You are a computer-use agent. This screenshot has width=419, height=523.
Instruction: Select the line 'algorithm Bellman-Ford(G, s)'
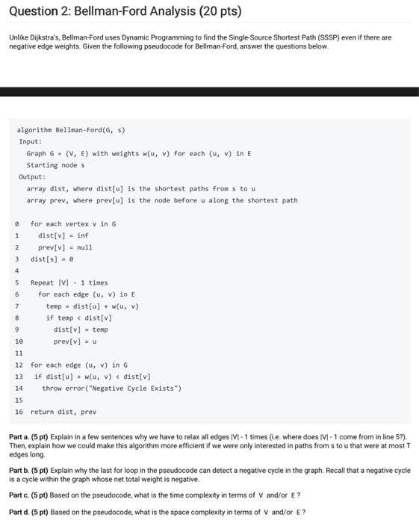click(x=70, y=129)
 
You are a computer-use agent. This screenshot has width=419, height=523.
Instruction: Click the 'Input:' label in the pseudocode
click(x=31, y=141)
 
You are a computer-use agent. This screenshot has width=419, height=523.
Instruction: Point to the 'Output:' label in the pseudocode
click(x=32, y=177)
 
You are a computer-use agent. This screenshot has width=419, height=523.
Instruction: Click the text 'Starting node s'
click(x=55, y=165)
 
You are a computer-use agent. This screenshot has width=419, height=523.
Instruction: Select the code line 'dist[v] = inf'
click(x=63, y=235)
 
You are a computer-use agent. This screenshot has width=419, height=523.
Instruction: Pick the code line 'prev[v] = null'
click(x=65, y=247)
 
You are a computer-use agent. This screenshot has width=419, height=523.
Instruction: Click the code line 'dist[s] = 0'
click(x=52, y=259)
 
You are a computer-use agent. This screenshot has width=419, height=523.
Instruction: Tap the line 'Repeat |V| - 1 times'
click(x=69, y=282)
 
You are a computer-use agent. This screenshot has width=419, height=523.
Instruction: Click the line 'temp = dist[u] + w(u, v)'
click(x=92, y=306)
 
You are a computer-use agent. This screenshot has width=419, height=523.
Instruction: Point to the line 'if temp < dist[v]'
click(x=78, y=318)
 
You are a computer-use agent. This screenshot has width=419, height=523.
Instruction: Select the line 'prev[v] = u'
click(x=73, y=341)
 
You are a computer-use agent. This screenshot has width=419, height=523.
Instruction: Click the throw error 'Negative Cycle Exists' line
click(x=111, y=389)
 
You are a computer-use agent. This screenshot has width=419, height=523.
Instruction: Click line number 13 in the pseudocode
click(x=19, y=377)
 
